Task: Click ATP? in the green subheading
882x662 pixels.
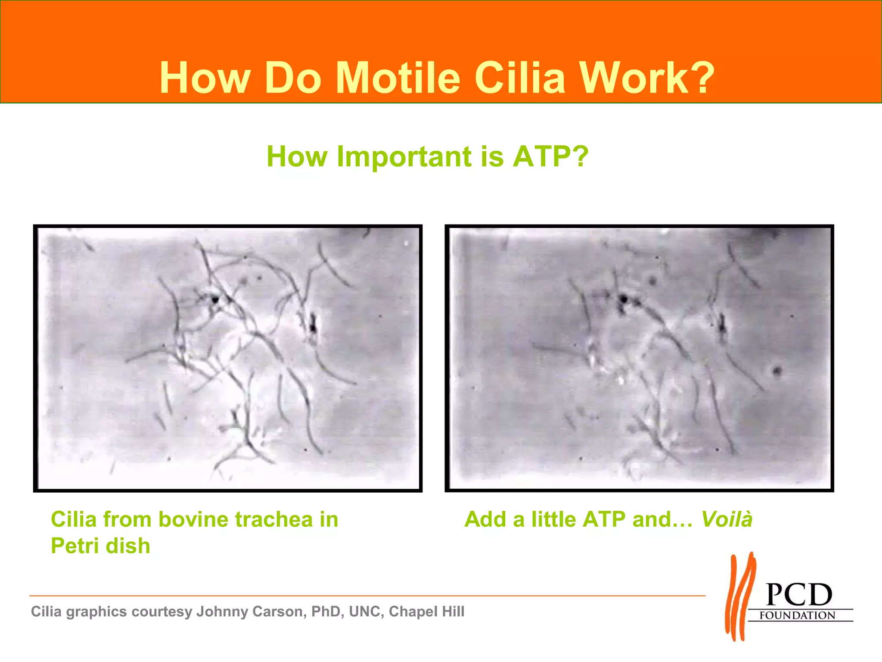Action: click(x=550, y=156)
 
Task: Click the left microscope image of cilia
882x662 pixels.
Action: click(x=228, y=358)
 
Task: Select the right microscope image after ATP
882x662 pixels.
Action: click(x=639, y=358)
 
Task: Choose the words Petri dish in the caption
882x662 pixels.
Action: click(x=100, y=546)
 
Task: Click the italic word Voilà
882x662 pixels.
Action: click(x=727, y=519)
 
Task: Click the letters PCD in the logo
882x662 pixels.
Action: click(x=799, y=595)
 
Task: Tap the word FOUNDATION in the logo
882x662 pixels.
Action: click(x=797, y=615)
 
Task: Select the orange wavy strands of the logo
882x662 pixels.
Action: click(x=740, y=597)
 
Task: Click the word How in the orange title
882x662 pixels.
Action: click(x=205, y=78)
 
